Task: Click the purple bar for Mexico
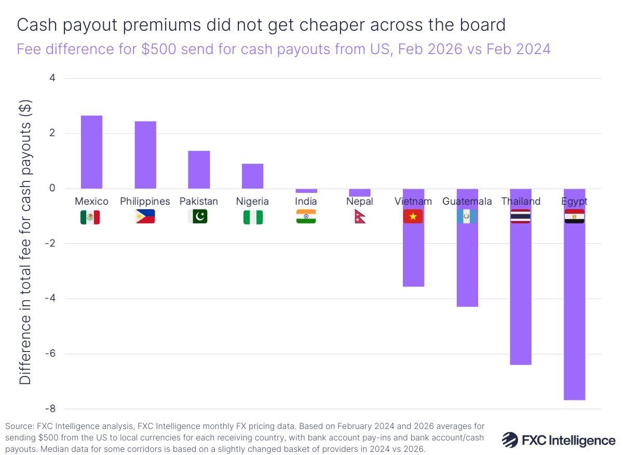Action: tap(91, 152)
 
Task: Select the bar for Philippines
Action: tap(145, 155)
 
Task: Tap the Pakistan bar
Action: tap(199, 170)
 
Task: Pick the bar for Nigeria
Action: tap(252, 176)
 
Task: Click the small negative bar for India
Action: tap(306, 191)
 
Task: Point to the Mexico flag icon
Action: tap(90, 217)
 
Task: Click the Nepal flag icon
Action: tap(359, 217)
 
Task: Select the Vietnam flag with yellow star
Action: tap(413, 217)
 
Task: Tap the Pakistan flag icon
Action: tap(197, 217)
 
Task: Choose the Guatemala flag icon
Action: tap(467, 217)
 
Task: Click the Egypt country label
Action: tap(574, 201)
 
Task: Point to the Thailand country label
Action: tap(521, 201)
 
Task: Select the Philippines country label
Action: tap(145, 201)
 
